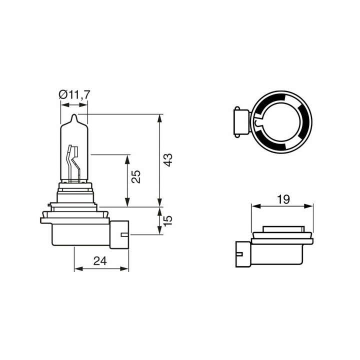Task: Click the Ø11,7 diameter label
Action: point(74,94)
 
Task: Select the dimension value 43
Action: point(168,160)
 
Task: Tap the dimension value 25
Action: point(136,176)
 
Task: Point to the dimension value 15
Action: point(168,220)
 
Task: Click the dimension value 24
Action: point(100,261)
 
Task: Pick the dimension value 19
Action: point(283,199)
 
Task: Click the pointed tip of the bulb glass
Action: point(74,114)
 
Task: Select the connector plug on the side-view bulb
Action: point(119,234)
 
